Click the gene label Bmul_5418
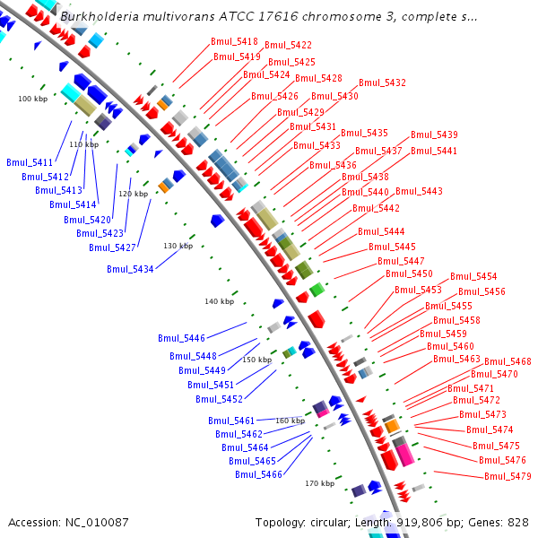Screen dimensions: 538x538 point(234,41)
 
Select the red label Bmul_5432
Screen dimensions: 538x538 point(382,82)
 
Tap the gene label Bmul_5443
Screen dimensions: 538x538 point(419,191)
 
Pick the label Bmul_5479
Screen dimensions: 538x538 point(508,476)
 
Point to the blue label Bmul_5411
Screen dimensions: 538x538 point(30,162)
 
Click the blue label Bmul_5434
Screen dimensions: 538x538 point(130,269)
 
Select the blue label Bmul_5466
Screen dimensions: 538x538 point(258,474)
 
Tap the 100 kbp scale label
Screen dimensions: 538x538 point(32,99)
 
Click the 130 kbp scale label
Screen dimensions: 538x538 point(178,246)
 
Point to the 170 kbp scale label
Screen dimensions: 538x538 point(319,483)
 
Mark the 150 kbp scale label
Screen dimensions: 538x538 point(256,360)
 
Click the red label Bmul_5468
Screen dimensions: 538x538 point(508,361)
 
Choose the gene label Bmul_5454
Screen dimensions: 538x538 point(473,276)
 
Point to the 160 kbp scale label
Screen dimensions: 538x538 point(290,421)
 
